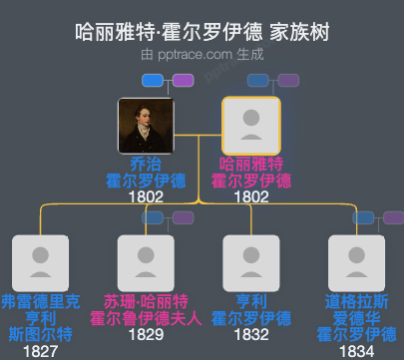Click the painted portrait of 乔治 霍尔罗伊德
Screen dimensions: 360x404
(146, 125)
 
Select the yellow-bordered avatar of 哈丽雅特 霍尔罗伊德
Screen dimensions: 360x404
(251, 125)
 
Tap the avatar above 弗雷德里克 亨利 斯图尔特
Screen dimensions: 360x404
(40, 261)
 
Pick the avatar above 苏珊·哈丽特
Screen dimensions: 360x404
(146, 261)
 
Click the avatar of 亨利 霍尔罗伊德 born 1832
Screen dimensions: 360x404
(251, 261)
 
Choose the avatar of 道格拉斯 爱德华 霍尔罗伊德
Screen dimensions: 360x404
(357, 261)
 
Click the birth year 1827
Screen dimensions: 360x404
(40, 351)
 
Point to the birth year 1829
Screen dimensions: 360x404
(146, 335)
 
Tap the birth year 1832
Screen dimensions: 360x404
(251, 335)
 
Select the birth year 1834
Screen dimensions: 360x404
(357, 351)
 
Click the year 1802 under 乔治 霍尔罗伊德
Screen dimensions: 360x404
(146, 197)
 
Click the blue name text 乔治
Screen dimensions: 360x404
(146, 164)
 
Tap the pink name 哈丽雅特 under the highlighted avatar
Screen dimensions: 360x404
(251, 164)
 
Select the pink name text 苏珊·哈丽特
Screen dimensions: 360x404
(146, 301)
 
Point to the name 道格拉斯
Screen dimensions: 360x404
(357, 301)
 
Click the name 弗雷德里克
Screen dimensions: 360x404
(40, 301)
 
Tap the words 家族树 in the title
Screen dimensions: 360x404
(299, 31)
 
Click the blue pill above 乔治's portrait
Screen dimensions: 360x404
(153, 80)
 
